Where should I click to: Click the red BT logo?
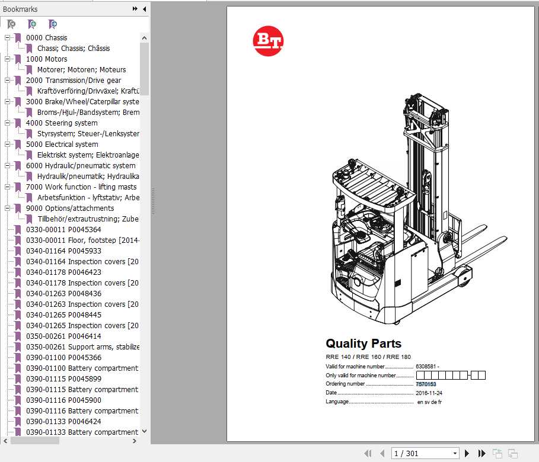click(x=268, y=41)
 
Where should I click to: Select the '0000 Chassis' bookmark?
click(x=46, y=38)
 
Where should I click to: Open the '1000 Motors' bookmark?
click(x=46, y=59)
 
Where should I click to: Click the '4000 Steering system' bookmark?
click(x=62, y=123)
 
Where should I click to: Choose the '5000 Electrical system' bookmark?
click(x=62, y=145)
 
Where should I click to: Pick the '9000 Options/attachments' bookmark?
click(x=69, y=208)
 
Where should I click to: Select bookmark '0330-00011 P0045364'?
click(x=63, y=230)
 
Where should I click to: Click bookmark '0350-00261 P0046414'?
click(x=63, y=336)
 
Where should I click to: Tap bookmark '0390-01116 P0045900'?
click(x=63, y=400)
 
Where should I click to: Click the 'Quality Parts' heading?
click(x=363, y=344)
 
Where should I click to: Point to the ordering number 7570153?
click(x=426, y=384)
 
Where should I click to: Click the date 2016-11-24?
click(x=429, y=393)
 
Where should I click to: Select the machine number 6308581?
click(x=426, y=366)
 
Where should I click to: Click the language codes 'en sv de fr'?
click(x=429, y=402)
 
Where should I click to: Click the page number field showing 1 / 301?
click(x=425, y=454)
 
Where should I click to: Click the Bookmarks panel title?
click(x=20, y=9)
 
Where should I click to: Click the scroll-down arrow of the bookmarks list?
click(x=144, y=432)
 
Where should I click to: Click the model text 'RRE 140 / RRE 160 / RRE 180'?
click(x=368, y=357)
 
